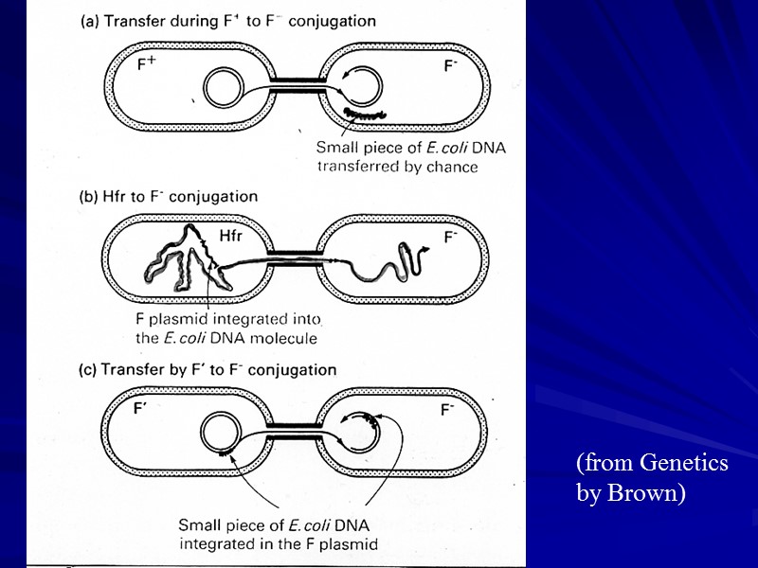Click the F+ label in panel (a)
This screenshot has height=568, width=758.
tap(147, 64)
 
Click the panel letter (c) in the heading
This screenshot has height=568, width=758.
tap(86, 369)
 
